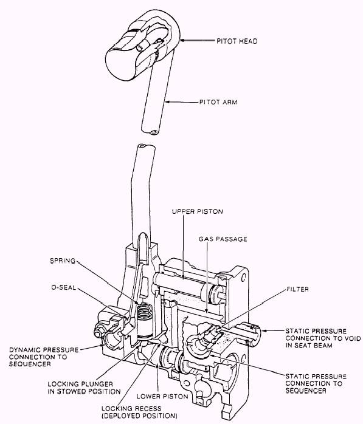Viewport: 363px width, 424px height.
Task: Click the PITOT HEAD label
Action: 237,41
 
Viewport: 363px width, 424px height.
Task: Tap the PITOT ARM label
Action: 218,102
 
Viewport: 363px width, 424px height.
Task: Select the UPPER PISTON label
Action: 198,211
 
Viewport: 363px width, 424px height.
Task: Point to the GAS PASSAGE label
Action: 223,239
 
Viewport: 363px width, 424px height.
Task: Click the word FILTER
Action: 297,289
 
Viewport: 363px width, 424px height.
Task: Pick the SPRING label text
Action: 63,261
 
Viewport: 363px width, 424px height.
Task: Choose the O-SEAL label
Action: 64,287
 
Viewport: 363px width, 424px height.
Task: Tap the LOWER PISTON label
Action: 162,397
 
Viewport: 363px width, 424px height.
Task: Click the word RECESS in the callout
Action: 149,408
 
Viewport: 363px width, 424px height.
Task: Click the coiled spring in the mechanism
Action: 143,312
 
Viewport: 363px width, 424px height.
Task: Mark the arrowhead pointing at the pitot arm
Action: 168,102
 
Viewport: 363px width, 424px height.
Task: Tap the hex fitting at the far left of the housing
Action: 98,332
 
